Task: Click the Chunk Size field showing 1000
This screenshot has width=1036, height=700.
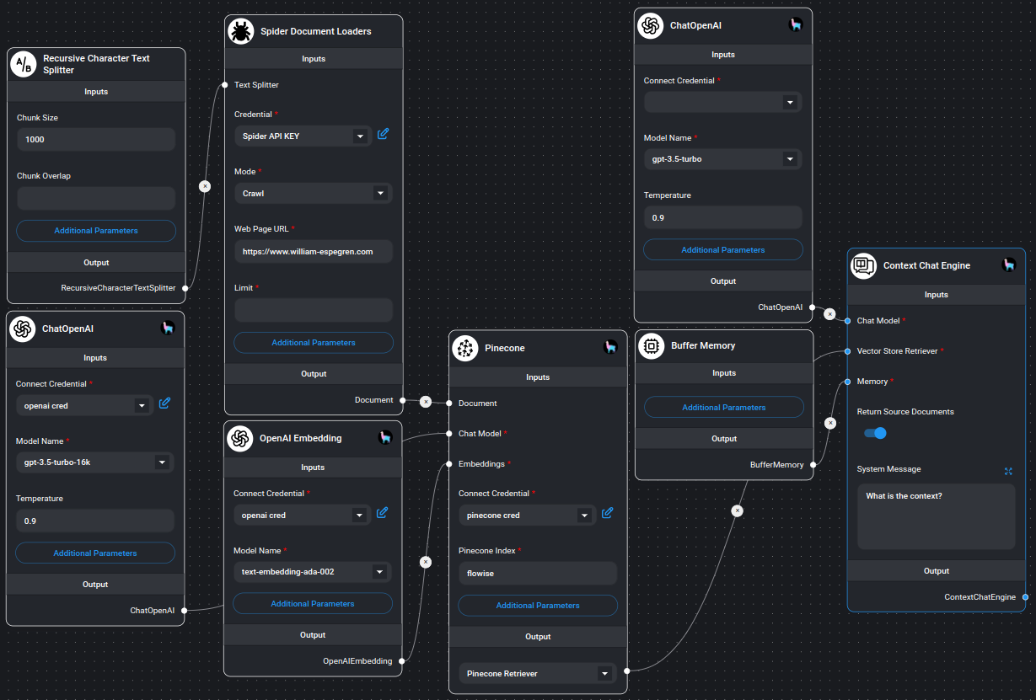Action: coord(95,140)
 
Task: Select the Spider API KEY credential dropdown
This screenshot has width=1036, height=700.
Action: coord(303,136)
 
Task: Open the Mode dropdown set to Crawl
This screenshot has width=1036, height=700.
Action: coord(313,194)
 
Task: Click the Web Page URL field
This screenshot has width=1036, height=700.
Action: coord(313,251)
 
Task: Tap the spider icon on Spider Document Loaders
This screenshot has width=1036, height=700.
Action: coord(241,31)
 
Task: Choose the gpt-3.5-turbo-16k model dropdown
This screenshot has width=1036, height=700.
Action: coord(94,462)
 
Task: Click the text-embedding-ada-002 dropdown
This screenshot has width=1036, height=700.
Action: coord(312,572)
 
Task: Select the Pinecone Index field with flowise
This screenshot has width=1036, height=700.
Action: coord(537,574)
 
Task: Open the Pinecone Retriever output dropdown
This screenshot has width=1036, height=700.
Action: coord(537,674)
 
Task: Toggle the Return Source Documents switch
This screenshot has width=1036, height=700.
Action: coord(875,433)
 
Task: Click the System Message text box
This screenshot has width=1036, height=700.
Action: coord(936,516)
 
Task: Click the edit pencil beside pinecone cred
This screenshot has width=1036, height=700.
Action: coord(608,512)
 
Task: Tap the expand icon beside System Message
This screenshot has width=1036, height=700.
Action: coord(1008,471)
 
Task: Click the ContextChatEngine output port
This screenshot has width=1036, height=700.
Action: coord(1025,597)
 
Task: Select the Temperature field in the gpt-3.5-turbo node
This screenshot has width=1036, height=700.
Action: coord(722,218)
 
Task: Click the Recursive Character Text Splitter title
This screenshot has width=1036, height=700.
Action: coord(96,64)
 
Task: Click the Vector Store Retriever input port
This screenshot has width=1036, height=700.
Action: coord(847,351)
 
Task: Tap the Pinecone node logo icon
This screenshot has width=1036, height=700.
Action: coord(465,348)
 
